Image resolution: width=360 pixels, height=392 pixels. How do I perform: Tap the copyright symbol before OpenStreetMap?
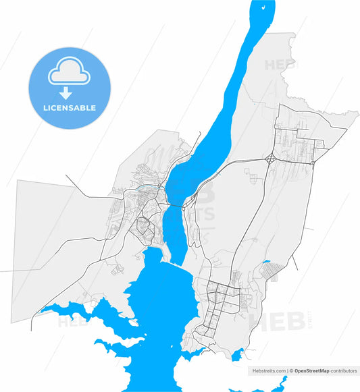pyautogui.click(x=292, y=371)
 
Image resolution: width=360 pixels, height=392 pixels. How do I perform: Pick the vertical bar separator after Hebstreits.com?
pyautogui.click(x=287, y=371)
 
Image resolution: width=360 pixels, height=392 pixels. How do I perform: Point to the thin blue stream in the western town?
pyautogui.click(x=145, y=190)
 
